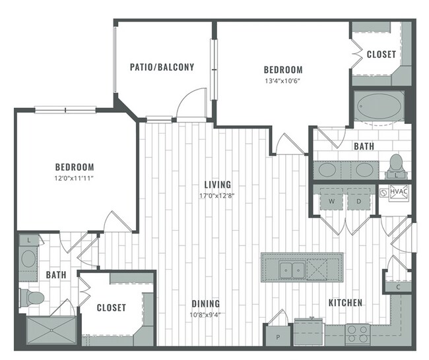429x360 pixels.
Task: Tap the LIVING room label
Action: pyautogui.click(x=217, y=185)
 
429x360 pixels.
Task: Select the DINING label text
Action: pyautogui.click(x=206, y=304)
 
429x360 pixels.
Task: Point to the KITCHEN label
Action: pyautogui.click(x=345, y=303)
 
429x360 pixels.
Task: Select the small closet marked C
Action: pyautogui.click(x=398, y=286)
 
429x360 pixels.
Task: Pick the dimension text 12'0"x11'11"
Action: pyautogui.click(x=73, y=178)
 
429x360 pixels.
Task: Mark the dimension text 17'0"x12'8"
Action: pyautogui.click(x=217, y=195)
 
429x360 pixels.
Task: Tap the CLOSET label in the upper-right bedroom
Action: pyautogui.click(x=381, y=55)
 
